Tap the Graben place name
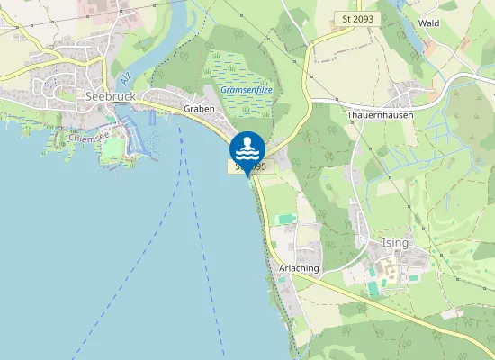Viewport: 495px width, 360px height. (x=199, y=109)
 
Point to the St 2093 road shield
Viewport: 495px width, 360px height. (x=357, y=18)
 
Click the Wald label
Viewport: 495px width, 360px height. (x=428, y=22)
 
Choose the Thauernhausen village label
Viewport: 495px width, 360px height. (x=378, y=115)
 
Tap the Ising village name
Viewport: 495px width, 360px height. (x=394, y=244)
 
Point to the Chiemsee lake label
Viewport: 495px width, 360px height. (x=86, y=139)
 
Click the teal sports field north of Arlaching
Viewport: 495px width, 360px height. (x=286, y=219)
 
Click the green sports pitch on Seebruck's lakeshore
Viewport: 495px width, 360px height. (x=110, y=148)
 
